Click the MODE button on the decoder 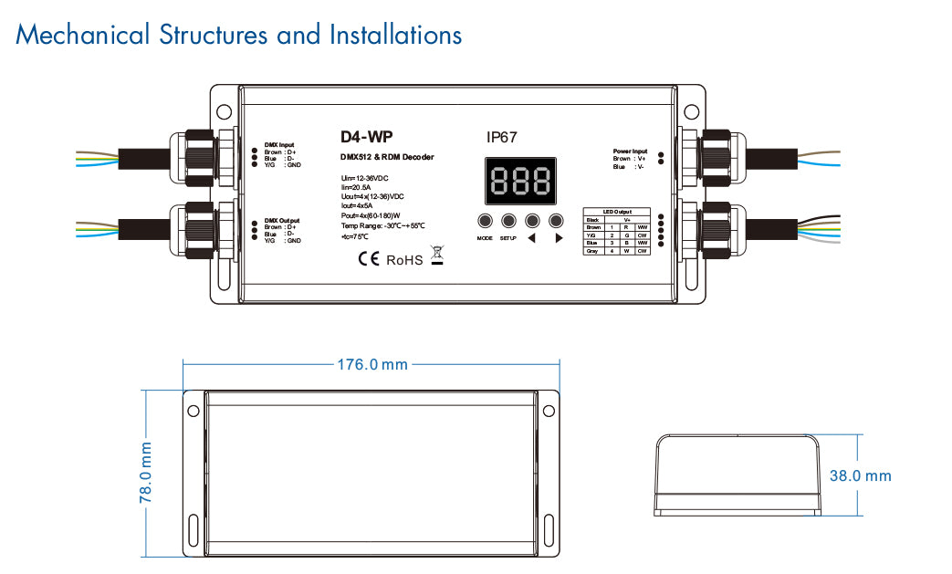484,220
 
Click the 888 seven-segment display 518,182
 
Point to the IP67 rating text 502,138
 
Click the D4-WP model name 361,138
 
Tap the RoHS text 404,260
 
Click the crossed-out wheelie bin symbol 437,256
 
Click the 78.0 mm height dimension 146,473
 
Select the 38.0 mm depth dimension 860,476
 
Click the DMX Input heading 279,144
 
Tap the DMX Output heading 281,221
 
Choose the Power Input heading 630,151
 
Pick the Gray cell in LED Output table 591,250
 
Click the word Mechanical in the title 82,36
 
